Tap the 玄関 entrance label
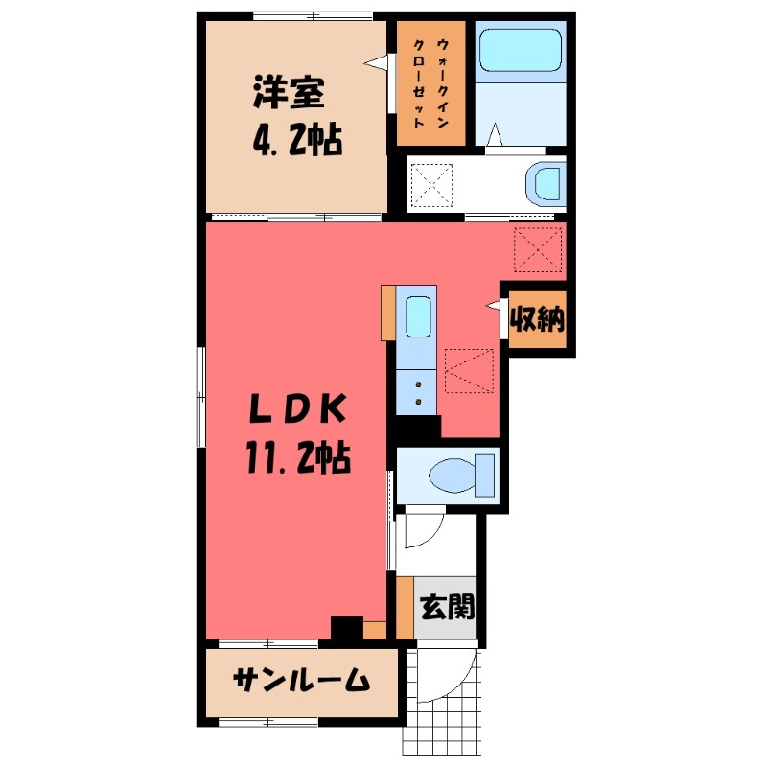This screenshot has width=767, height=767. point(447,608)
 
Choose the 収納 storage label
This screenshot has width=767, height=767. point(536,318)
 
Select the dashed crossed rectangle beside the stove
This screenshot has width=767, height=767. point(469,371)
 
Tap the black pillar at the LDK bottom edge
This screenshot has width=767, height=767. point(345,629)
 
